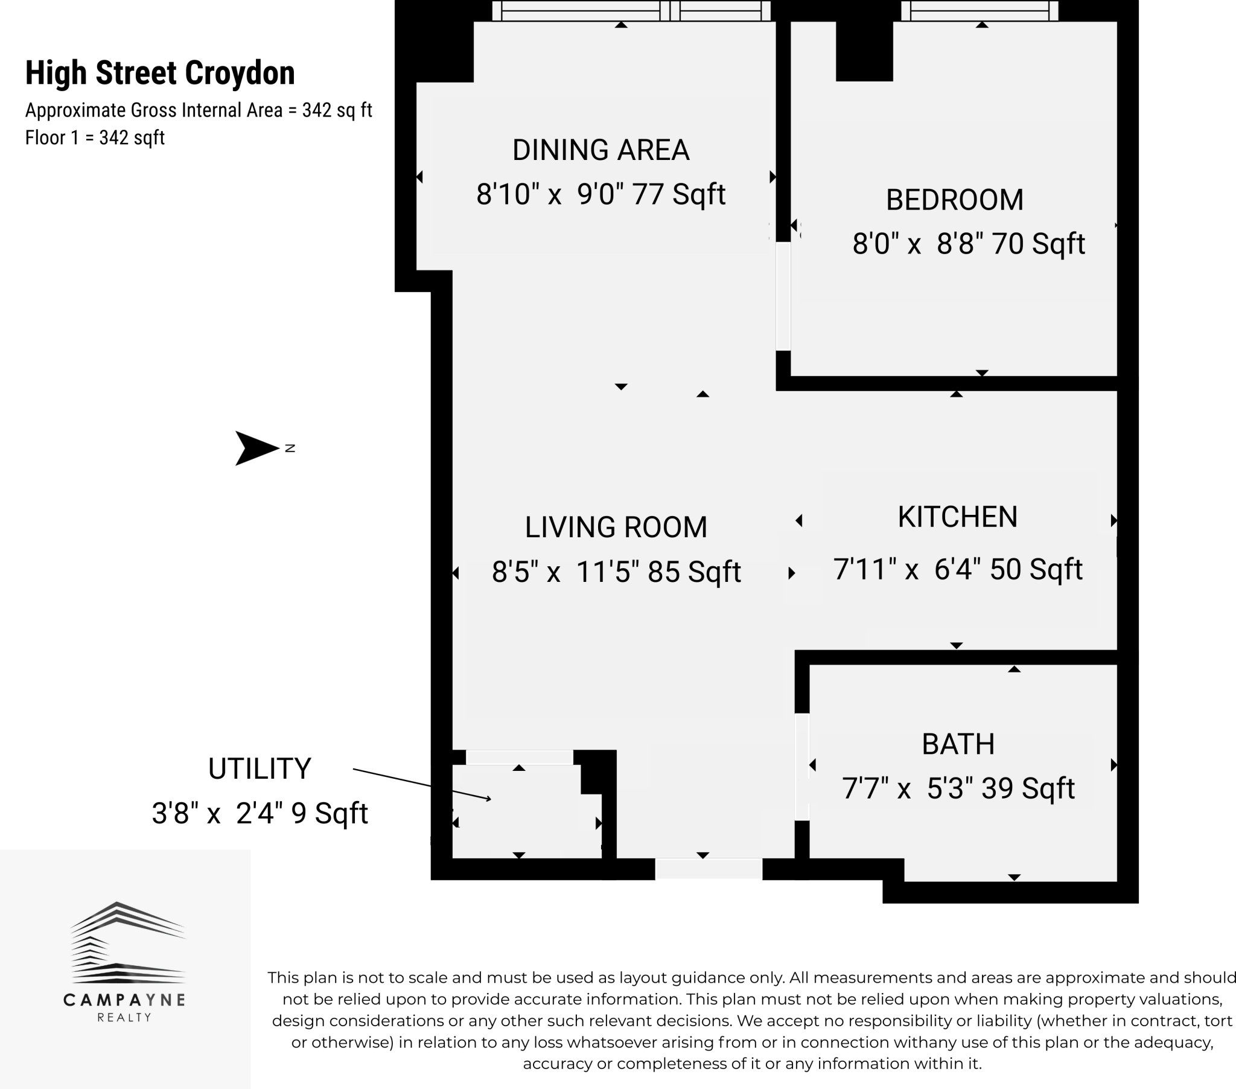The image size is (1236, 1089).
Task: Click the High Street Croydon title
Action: [x=160, y=73]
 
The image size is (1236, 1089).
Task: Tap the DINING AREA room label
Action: [x=600, y=150]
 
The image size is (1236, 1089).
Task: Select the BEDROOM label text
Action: [x=954, y=200]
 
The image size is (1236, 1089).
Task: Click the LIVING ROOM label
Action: [x=616, y=528]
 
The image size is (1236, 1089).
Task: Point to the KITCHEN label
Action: [x=957, y=517]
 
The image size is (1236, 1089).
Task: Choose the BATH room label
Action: [x=958, y=744]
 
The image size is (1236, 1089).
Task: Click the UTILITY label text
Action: [x=260, y=769]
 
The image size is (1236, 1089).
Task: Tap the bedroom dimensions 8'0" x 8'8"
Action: [x=917, y=244]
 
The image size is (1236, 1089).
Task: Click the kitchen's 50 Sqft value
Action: [x=1036, y=569]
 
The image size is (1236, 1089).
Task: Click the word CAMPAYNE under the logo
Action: [x=124, y=1000]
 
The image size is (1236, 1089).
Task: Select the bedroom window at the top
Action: [x=980, y=11]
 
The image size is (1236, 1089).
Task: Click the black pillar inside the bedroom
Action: [x=864, y=51]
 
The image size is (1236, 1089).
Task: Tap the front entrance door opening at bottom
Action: [x=708, y=869]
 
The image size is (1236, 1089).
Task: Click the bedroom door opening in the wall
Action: [x=783, y=296]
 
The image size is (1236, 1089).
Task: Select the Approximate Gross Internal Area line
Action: [x=199, y=110]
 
